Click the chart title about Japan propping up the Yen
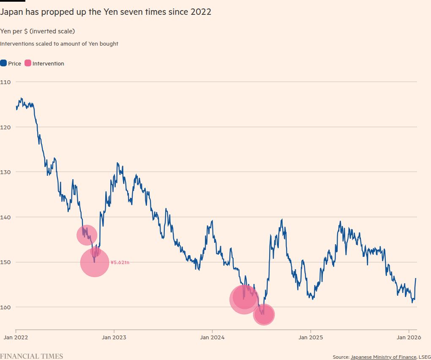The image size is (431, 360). pyautogui.click(x=106, y=12)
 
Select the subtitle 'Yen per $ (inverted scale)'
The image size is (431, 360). pyautogui.click(x=38, y=31)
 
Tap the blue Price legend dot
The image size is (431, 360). pyautogui.click(x=3, y=63)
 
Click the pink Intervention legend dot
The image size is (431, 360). pyautogui.click(x=28, y=63)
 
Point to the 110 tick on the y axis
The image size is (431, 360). pyautogui.click(x=5, y=82)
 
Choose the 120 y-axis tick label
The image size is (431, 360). pyautogui.click(x=5, y=127)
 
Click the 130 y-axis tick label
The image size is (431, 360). pyautogui.click(x=5, y=172)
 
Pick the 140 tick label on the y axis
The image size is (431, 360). pyautogui.click(x=5, y=217)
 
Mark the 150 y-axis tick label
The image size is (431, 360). pyautogui.click(x=5, y=262)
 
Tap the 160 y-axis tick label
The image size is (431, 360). pyautogui.click(x=5, y=307)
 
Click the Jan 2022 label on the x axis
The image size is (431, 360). pyautogui.click(x=16, y=337)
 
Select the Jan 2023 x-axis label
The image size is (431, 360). pyautogui.click(x=114, y=337)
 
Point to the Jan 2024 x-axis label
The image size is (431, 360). pyautogui.click(x=212, y=337)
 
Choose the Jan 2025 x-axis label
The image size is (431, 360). pyautogui.click(x=311, y=337)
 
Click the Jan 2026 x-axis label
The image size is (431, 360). pyautogui.click(x=408, y=337)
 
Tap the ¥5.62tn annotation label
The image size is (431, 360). pyautogui.click(x=120, y=262)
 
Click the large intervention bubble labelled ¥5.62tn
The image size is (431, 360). pyautogui.click(x=95, y=263)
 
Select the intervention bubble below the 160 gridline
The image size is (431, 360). pyautogui.click(x=264, y=314)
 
